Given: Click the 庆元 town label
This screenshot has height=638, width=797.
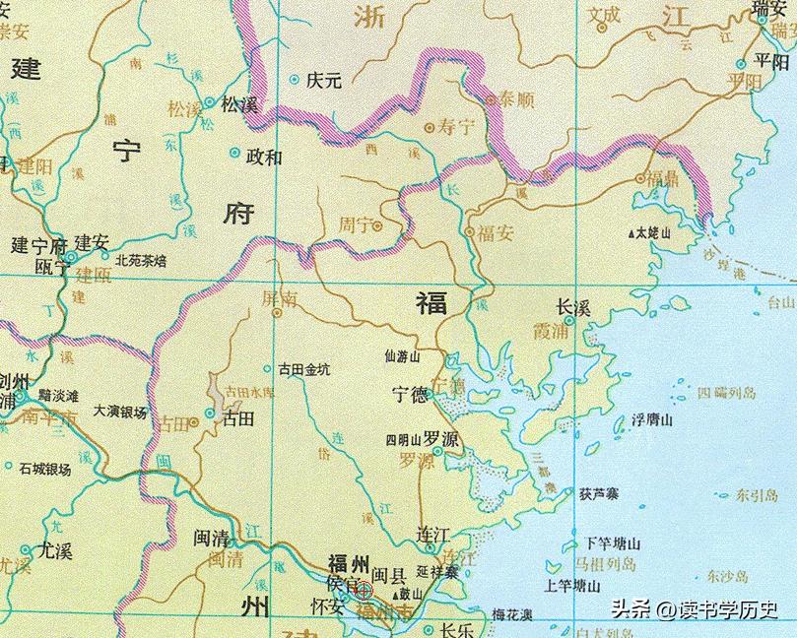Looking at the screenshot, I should click(324, 81).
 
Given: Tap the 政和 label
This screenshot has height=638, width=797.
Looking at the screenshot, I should click(263, 156).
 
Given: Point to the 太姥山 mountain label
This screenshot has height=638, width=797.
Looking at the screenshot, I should click(652, 234).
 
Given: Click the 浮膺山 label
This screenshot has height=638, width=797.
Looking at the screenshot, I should click(651, 420).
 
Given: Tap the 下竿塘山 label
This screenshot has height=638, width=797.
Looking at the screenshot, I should click(613, 542).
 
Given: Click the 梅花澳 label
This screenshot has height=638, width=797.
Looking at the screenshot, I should click(512, 614).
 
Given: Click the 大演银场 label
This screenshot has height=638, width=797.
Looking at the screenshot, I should click(120, 413).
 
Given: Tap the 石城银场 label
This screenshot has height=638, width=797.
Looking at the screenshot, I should click(44, 470).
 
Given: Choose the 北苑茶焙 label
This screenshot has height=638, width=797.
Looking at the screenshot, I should click(141, 261).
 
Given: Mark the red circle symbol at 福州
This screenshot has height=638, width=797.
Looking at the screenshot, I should click(364, 591).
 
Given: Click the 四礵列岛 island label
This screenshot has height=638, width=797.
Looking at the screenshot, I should click(726, 394).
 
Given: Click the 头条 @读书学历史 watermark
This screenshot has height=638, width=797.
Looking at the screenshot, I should click(696, 610).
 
